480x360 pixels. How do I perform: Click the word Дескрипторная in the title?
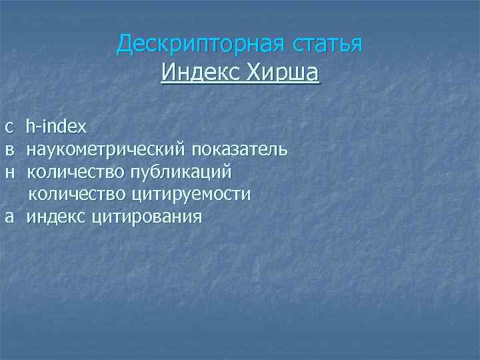199,44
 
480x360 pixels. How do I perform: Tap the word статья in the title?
326,44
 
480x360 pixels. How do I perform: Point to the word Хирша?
282,71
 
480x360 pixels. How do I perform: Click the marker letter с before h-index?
9,125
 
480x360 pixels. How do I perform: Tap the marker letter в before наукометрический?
9,149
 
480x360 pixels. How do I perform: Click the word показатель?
239,149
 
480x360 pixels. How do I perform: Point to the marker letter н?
9,172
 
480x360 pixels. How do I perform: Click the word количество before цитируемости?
77,195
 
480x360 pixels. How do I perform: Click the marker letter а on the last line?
9,217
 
